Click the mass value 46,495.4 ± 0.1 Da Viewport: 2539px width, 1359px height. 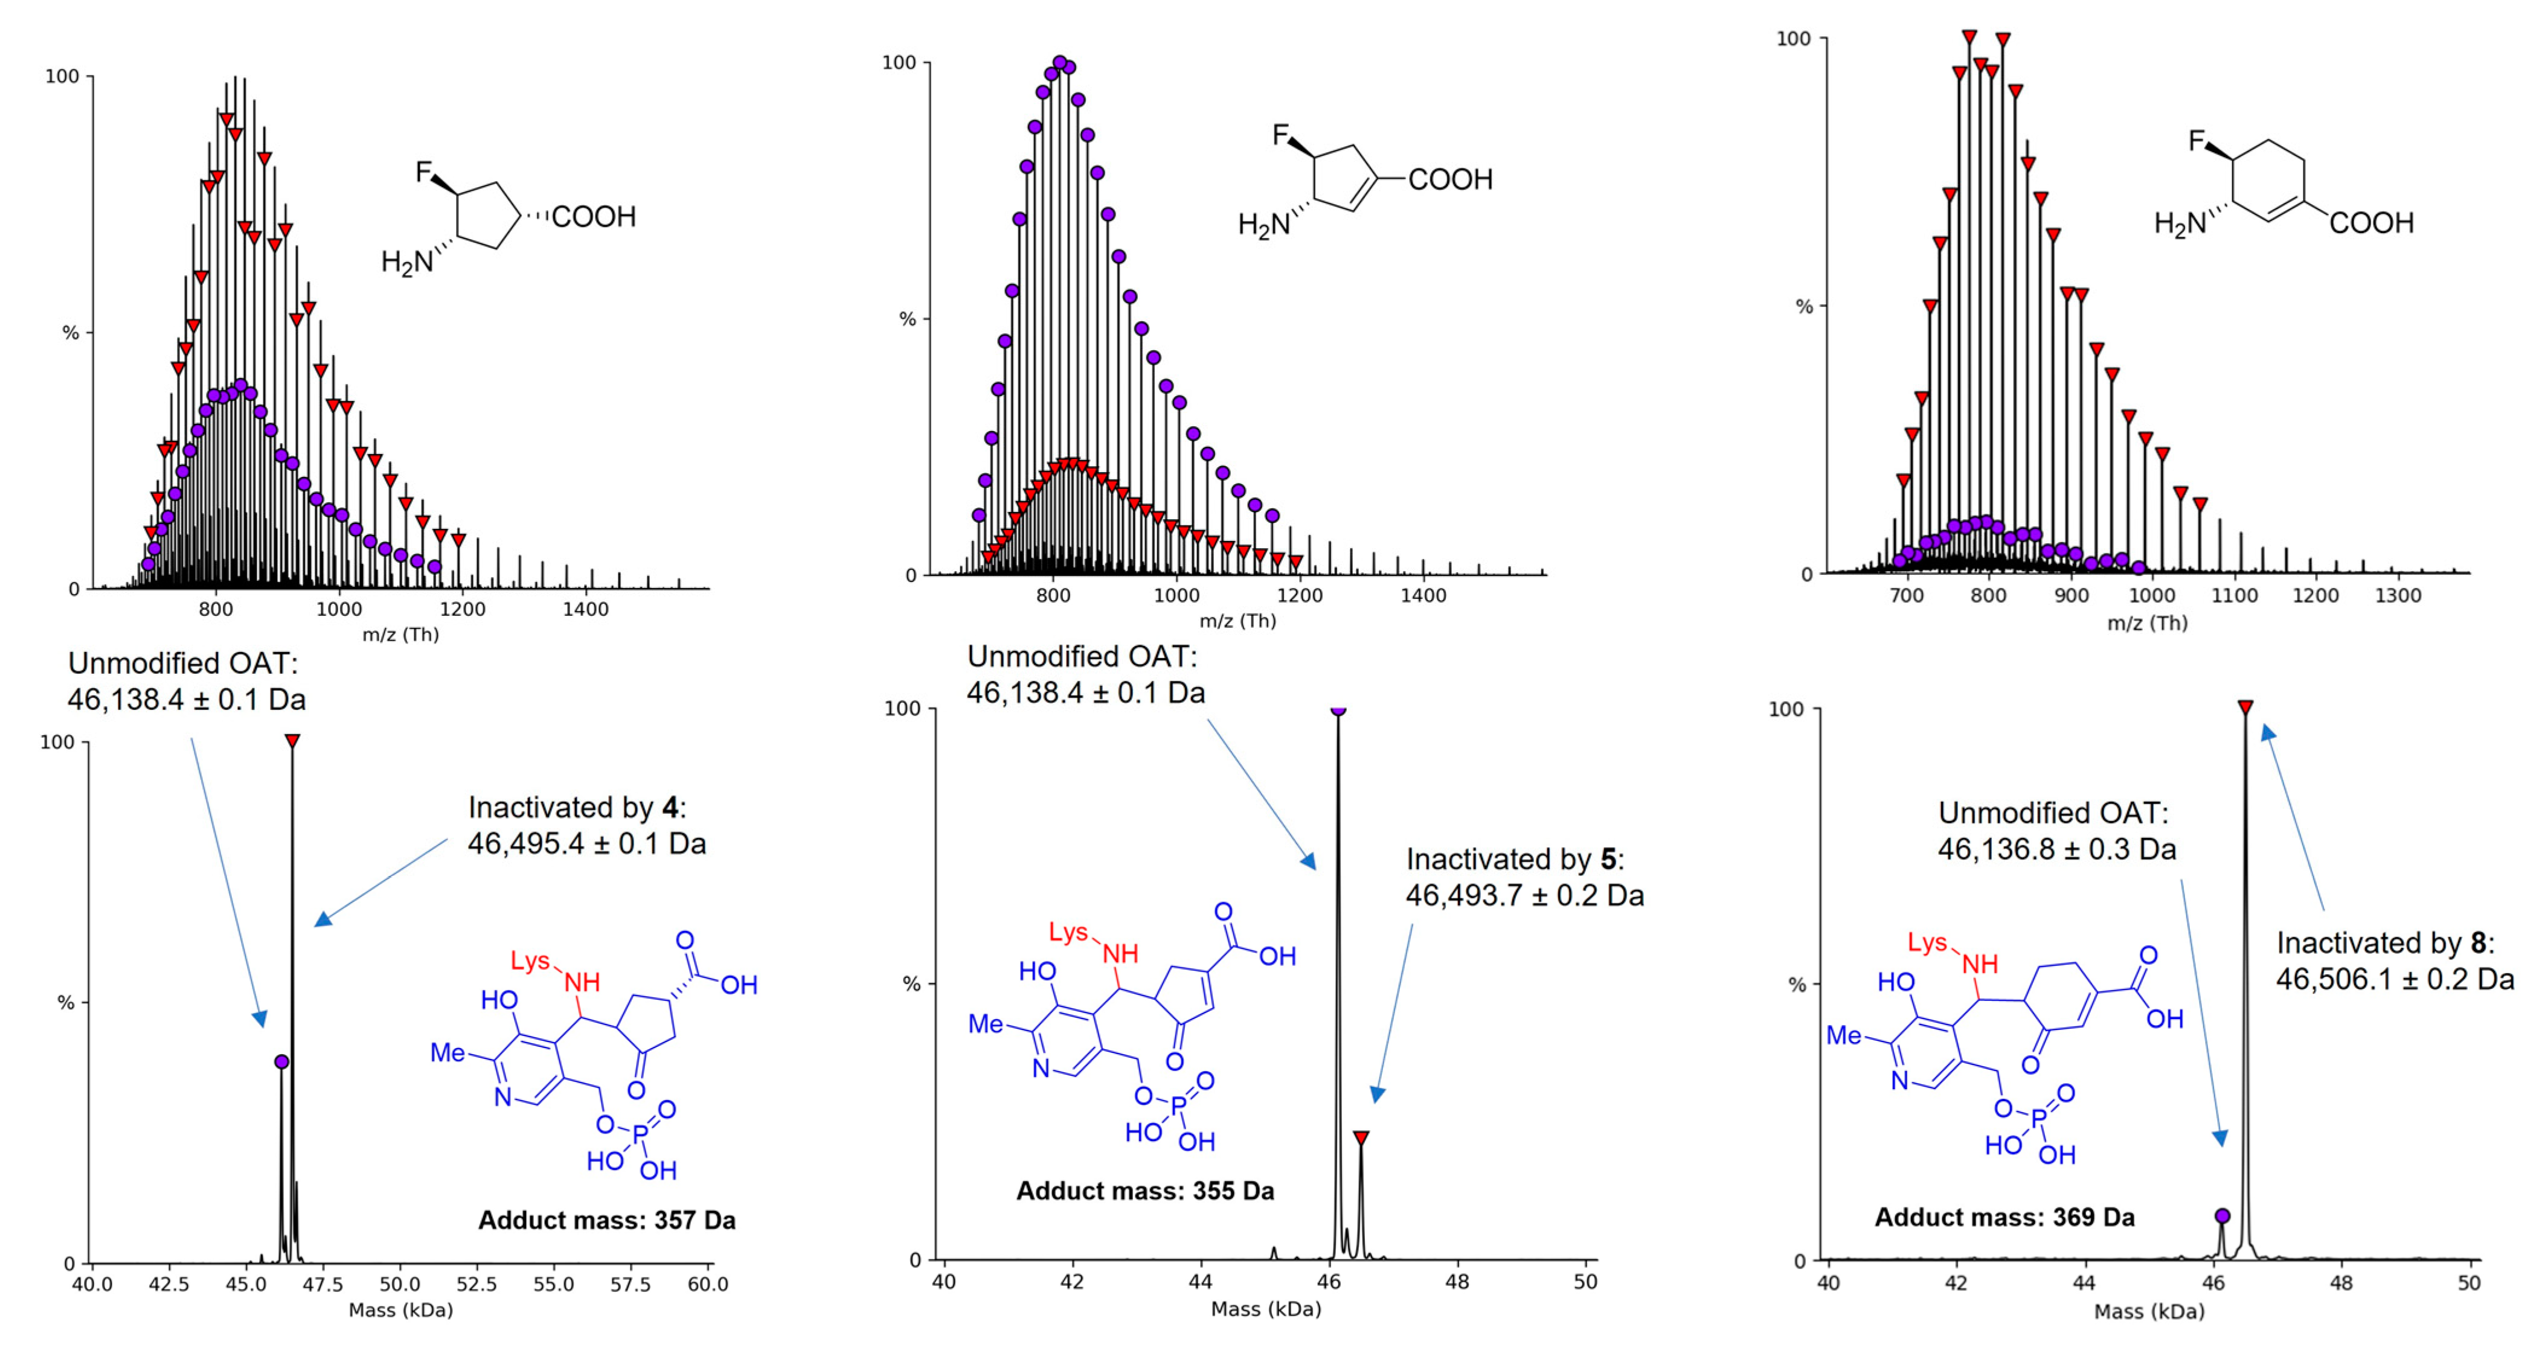pos(586,843)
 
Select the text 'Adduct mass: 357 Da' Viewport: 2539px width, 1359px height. pos(606,1220)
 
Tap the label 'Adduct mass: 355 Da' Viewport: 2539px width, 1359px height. pos(1144,1191)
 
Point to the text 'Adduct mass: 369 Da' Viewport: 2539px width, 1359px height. pos(2004,1217)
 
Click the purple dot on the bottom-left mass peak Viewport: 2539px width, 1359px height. pos(282,1061)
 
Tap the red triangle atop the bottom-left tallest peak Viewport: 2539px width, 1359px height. pos(293,740)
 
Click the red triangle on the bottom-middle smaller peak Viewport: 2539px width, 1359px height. pos(1361,1137)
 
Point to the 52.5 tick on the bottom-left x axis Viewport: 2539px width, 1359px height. pos(476,1284)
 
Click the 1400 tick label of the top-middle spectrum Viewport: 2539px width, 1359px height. pos(1424,595)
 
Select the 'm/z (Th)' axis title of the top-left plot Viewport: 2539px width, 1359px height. pos(400,634)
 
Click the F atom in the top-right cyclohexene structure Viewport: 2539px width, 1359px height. pos(2197,141)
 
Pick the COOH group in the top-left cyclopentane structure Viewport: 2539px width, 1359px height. pos(593,217)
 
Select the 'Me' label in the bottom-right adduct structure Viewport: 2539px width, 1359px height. pos(1843,1035)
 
